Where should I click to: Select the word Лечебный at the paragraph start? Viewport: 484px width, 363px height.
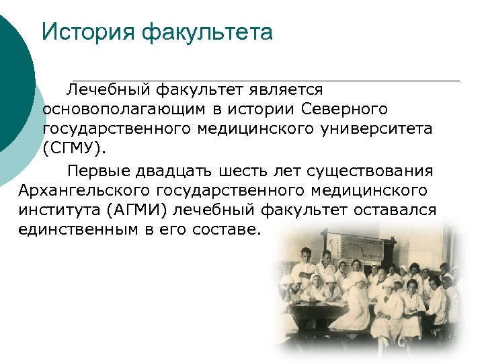pyautogui.click(x=108, y=89)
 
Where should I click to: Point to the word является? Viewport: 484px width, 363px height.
pyautogui.click(x=283, y=89)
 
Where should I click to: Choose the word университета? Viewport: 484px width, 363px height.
pyautogui.click(x=378, y=128)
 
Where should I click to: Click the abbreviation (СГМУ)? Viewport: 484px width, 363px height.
pyautogui.click(x=74, y=147)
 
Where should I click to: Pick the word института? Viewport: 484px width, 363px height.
pyautogui.click(x=58, y=210)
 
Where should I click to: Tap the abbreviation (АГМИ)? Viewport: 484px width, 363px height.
pyautogui.click(x=137, y=210)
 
